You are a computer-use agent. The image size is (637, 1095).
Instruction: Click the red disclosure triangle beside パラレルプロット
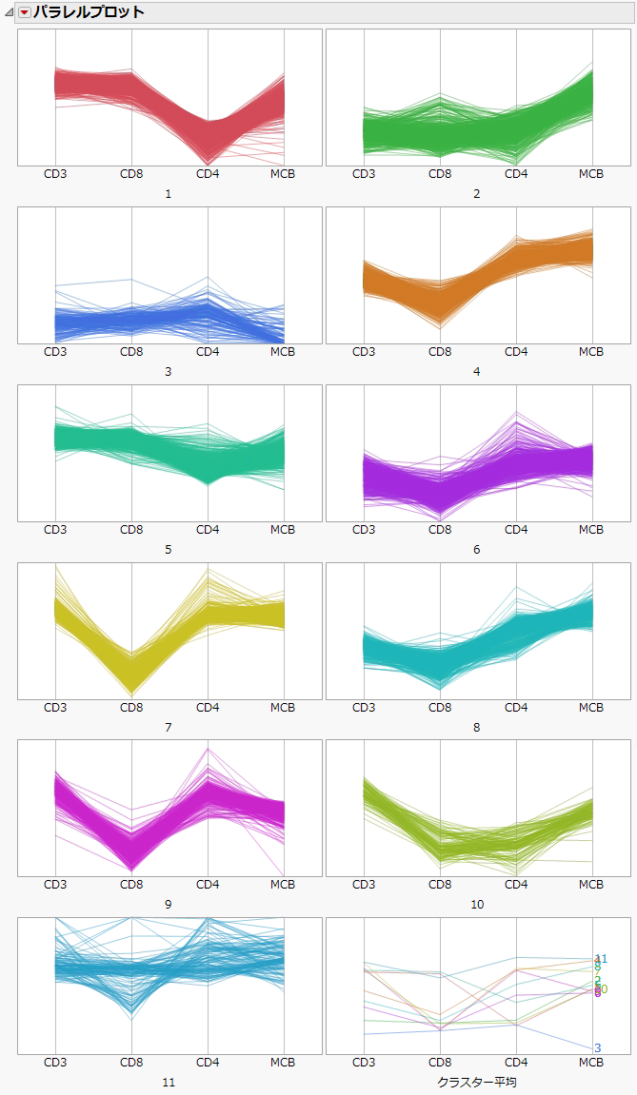pyautogui.click(x=25, y=12)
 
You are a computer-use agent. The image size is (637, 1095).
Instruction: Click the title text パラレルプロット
pyautogui.click(x=90, y=12)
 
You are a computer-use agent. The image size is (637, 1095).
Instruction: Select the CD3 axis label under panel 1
pyautogui.click(x=55, y=174)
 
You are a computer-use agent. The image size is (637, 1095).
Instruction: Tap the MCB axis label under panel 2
pyautogui.click(x=591, y=174)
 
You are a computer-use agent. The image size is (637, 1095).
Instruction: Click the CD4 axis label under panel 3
pyautogui.click(x=208, y=352)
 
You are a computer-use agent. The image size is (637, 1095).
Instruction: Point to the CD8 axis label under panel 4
pyautogui.click(x=440, y=352)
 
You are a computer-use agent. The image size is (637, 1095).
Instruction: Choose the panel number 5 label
pyautogui.click(x=169, y=549)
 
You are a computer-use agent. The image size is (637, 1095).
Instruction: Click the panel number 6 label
pyautogui.click(x=477, y=549)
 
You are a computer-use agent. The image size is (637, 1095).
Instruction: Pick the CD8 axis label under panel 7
pyautogui.click(x=131, y=708)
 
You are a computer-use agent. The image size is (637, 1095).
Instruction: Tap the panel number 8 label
pyautogui.click(x=477, y=727)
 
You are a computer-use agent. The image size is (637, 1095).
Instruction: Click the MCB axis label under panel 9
pyautogui.click(x=283, y=885)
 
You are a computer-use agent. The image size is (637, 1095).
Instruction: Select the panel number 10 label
pyautogui.click(x=477, y=905)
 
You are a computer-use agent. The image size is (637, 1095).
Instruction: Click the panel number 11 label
pyautogui.click(x=169, y=1082)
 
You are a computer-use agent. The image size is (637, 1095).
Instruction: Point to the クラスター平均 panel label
pyautogui.click(x=477, y=1082)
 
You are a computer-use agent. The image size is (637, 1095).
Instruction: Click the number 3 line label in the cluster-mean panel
pyautogui.click(x=598, y=1047)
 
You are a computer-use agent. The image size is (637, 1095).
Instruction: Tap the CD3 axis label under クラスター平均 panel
pyautogui.click(x=364, y=1062)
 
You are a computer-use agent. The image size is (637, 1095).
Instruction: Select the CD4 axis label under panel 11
pyautogui.click(x=208, y=1062)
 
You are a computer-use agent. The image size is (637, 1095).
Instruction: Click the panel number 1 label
pyautogui.click(x=169, y=194)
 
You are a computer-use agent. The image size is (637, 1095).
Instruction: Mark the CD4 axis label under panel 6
pyautogui.click(x=516, y=530)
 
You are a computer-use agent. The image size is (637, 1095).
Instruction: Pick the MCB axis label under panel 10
pyautogui.click(x=591, y=885)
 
